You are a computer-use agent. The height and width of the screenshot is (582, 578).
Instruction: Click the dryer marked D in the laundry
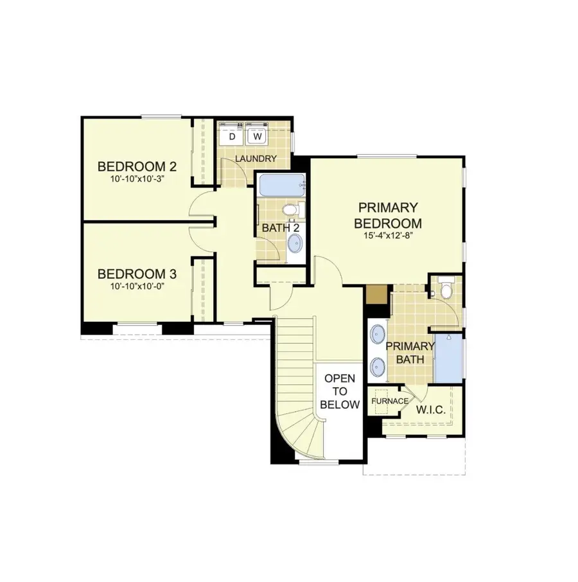[232, 136]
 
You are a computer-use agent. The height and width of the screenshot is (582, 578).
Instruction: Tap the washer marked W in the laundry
[258, 136]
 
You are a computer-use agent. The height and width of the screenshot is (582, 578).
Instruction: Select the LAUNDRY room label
[256, 159]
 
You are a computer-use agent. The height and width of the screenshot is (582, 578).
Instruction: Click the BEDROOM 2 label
[137, 167]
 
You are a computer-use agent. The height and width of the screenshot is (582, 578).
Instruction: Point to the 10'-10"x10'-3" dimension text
[137, 179]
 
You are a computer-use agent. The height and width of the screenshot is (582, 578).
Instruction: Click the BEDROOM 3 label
[137, 274]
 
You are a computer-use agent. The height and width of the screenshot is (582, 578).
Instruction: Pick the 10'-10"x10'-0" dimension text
[137, 287]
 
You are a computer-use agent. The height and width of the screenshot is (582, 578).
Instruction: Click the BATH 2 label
[281, 227]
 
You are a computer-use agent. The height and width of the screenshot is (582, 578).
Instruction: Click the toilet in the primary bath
[445, 287]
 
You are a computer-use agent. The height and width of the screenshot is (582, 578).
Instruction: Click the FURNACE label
[390, 401]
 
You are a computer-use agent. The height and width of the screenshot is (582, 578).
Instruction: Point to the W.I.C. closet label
[431, 409]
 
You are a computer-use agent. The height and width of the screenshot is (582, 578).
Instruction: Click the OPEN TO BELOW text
[340, 391]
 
